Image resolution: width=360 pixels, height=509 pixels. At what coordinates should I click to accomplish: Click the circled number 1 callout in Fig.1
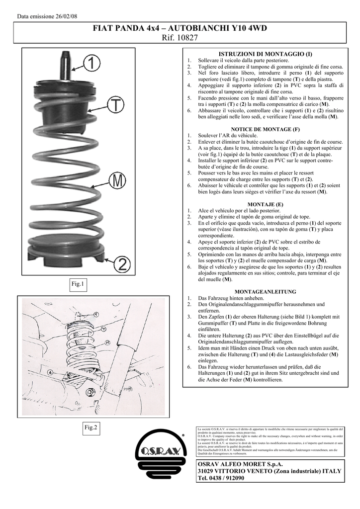pyautogui.click(x=91, y=64)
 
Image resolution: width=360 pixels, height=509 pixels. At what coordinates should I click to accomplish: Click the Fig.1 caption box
pyautogui.click(x=79, y=284)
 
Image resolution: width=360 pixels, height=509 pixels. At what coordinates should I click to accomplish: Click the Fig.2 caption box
pyautogui.click(x=91, y=427)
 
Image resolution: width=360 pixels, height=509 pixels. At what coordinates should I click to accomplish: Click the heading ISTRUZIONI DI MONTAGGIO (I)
pyautogui.click(x=266, y=53)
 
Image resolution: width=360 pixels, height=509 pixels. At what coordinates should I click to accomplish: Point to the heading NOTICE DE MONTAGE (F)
pyautogui.click(x=266, y=129)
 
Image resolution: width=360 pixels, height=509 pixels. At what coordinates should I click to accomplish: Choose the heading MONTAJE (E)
pyautogui.click(x=266, y=204)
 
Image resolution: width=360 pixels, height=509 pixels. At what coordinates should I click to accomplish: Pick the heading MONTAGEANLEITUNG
pyautogui.click(x=266, y=292)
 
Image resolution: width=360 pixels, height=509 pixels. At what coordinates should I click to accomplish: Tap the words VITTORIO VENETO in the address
pyautogui.click(x=240, y=471)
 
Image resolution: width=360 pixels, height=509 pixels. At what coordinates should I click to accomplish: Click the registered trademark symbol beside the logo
pyautogui.click(x=183, y=435)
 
